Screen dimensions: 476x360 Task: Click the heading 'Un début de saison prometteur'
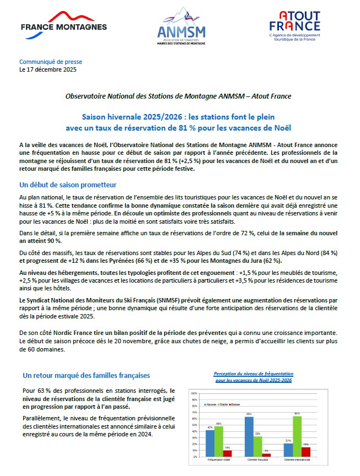coord(68,184)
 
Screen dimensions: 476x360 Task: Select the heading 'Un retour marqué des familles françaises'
coord(86,375)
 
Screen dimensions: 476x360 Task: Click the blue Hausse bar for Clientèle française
coord(249,436)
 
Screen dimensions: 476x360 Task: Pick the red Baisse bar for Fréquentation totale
coord(228,453)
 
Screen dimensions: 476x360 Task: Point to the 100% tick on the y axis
coord(194,394)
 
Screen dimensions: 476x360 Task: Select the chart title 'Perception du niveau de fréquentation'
coord(254,374)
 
